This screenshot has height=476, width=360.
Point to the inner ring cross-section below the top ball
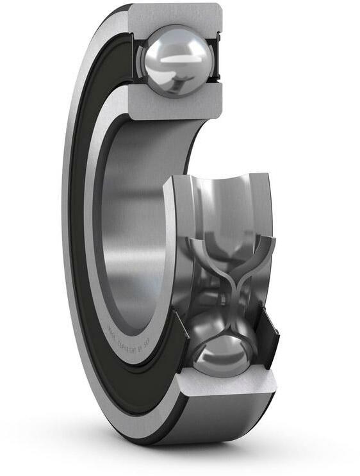(x=176, y=106)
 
